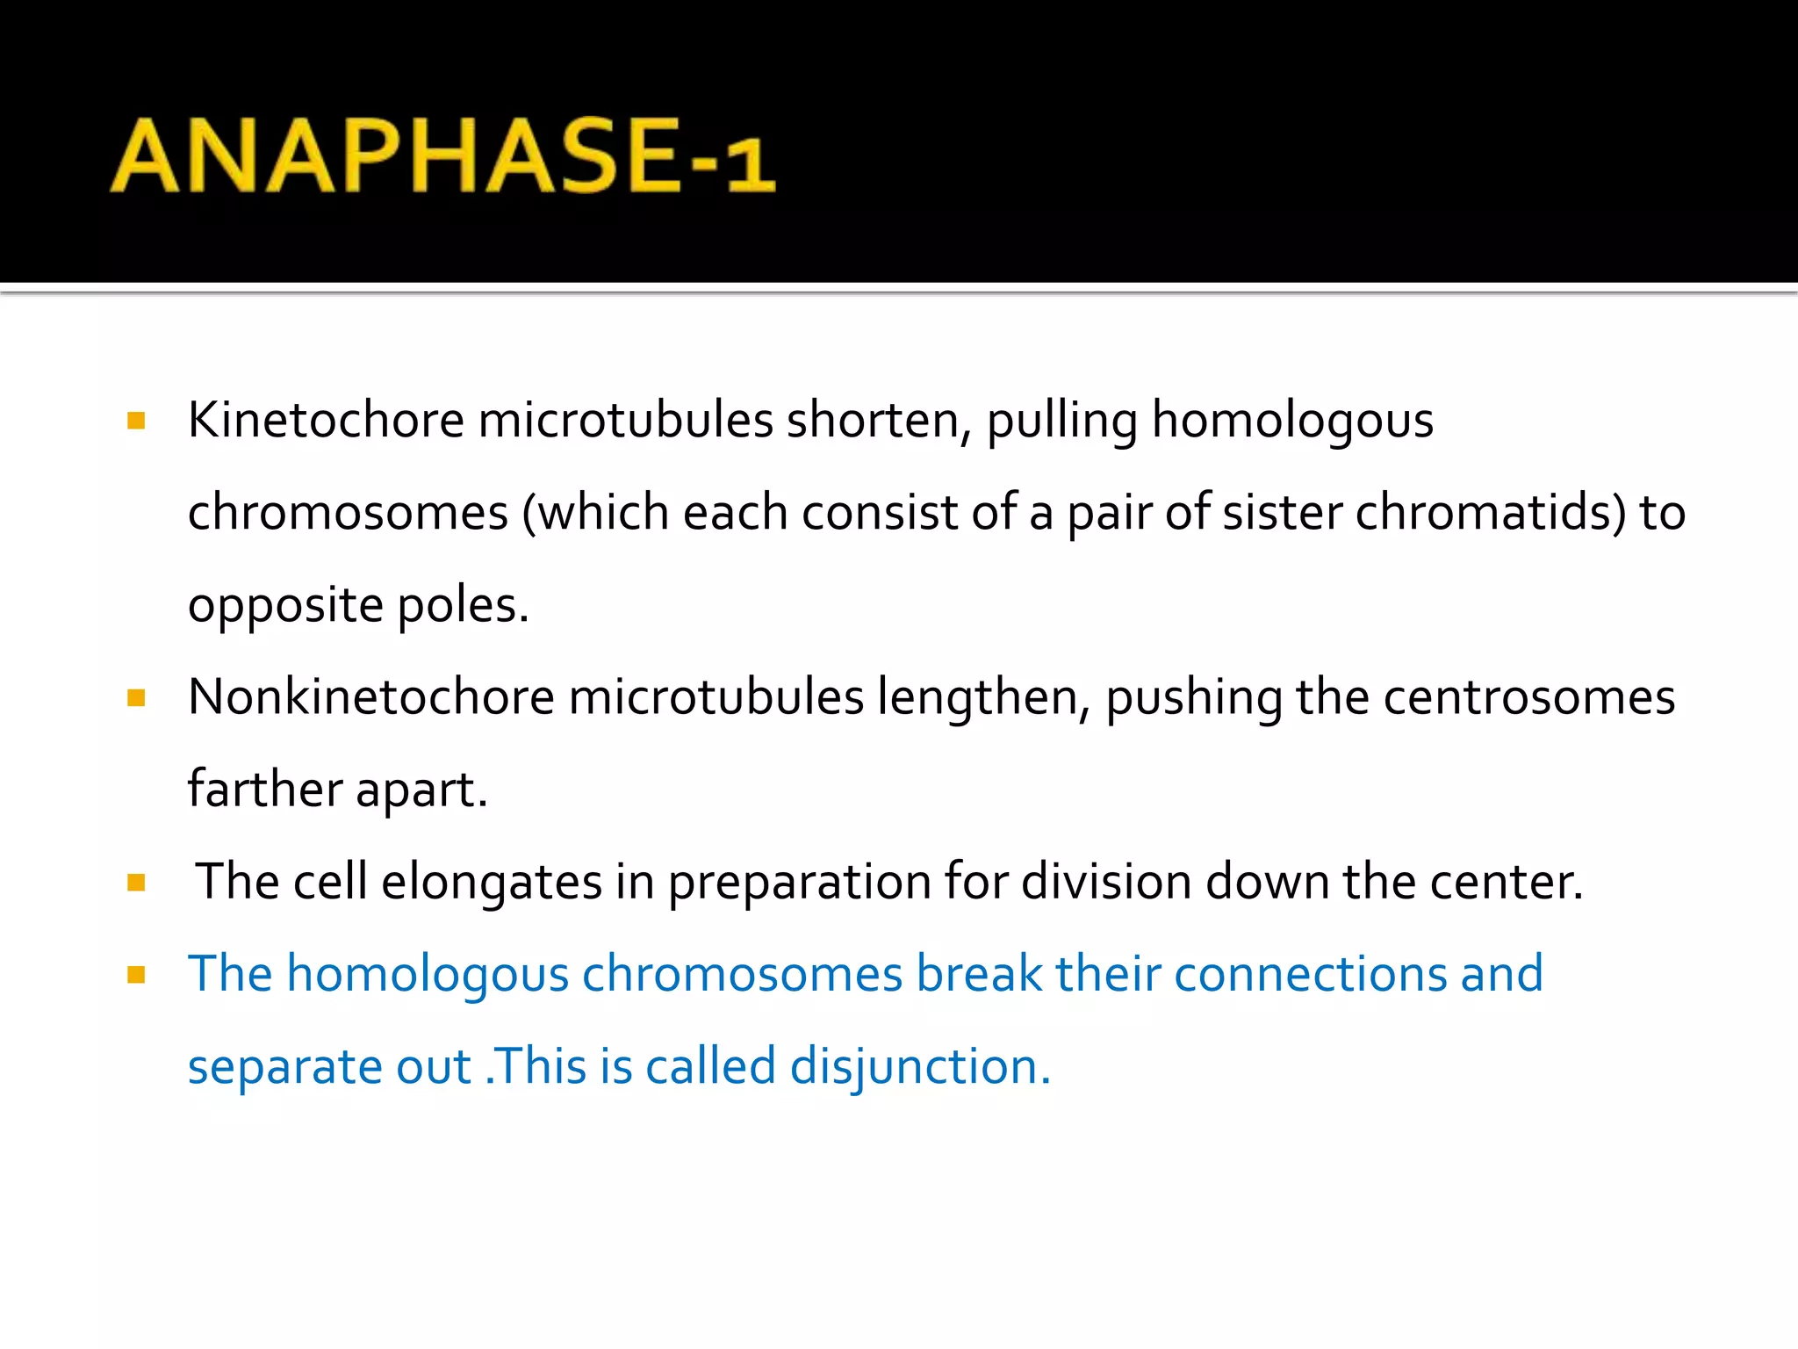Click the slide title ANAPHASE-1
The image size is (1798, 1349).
pyautogui.click(x=442, y=155)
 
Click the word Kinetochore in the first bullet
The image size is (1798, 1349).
pyautogui.click(x=326, y=420)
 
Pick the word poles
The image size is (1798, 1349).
pyautogui.click(x=463, y=606)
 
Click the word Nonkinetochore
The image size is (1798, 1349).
pyautogui.click(x=371, y=697)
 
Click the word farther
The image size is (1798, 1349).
pyautogui.click(x=264, y=789)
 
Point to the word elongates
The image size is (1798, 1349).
pyautogui.click(x=491, y=882)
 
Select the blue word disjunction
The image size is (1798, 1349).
pyautogui.click(x=919, y=1067)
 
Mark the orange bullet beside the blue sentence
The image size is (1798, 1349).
pyautogui.click(x=136, y=975)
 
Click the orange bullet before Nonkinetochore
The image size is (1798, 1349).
pyautogui.click(x=136, y=698)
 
